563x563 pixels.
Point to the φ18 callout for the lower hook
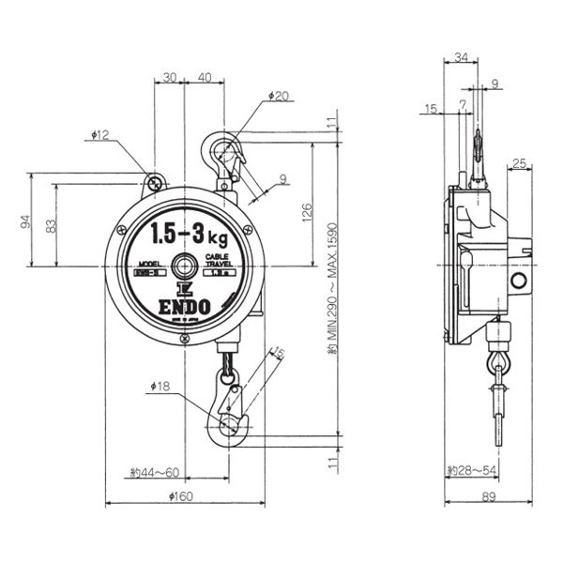pos(159,385)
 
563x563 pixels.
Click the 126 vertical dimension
pos(307,214)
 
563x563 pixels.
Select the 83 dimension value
pos(50,225)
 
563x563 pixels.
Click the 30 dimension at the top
pos(170,78)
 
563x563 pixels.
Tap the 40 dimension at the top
pos(205,78)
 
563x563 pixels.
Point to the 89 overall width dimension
pos(488,496)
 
